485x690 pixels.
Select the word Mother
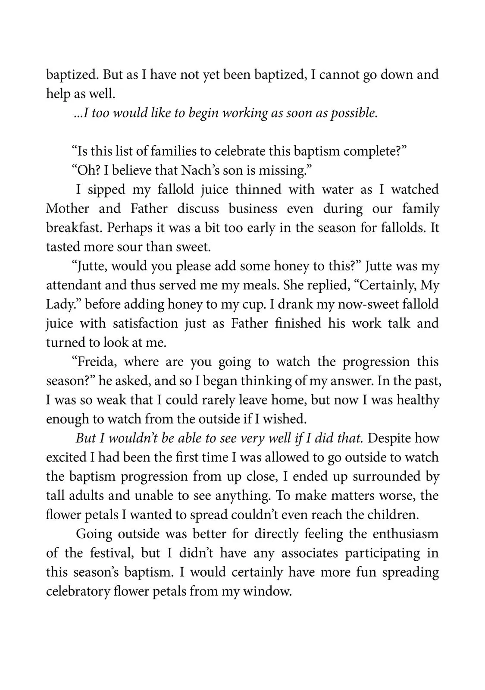67,209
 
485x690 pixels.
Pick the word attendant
75,285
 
